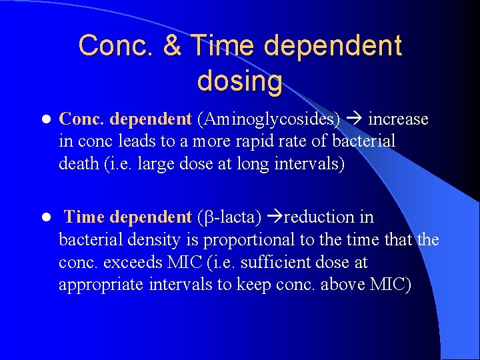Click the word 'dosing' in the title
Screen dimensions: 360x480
(239, 81)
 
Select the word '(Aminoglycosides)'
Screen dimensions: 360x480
(269, 119)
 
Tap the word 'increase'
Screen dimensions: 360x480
(398, 119)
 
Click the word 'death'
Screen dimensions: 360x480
(79, 163)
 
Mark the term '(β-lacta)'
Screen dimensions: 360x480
(229, 217)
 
